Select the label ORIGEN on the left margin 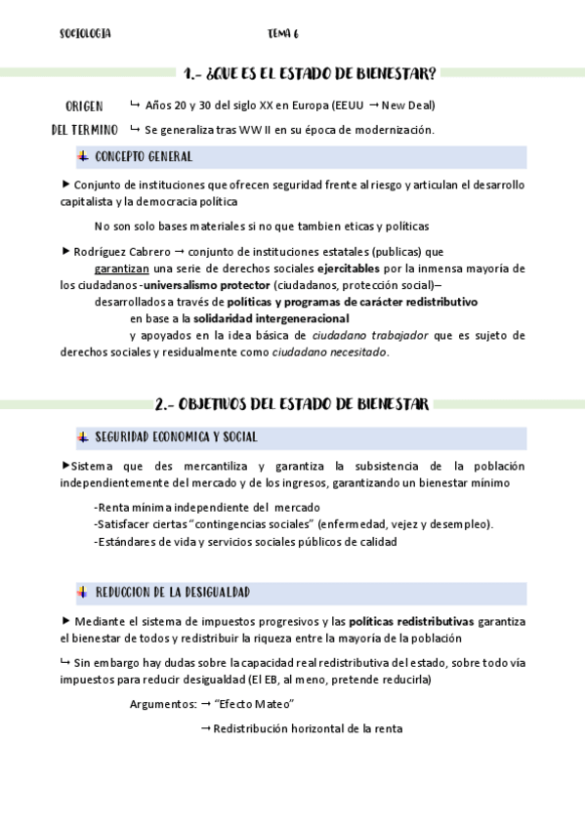pyautogui.click(x=84, y=105)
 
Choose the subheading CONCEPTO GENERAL pyautogui.click(x=144, y=156)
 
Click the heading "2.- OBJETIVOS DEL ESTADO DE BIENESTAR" pyautogui.click(x=291, y=404)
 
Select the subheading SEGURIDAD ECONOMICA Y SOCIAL pyautogui.click(x=176, y=436)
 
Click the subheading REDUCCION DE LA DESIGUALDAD pyautogui.click(x=173, y=592)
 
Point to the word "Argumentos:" pyautogui.click(x=162, y=704)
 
